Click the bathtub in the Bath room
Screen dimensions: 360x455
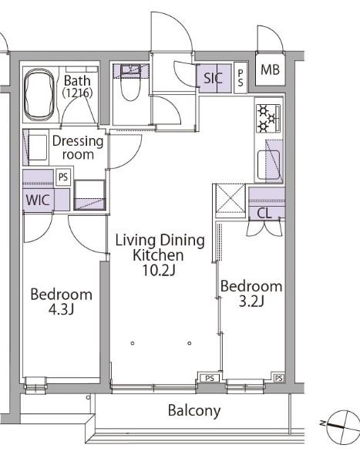(x=39, y=95)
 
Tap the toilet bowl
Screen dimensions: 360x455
(x=130, y=87)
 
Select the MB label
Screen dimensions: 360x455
(x=270, y=69)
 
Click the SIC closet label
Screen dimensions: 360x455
(x=213, y=78)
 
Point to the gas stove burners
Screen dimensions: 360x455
(x=267, y=119)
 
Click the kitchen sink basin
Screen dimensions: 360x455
(x=268, y=164)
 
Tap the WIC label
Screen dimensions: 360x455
(x=38, y=200)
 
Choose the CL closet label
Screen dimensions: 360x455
(x=264, y=214)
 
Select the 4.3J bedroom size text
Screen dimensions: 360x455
(x=61, y=309)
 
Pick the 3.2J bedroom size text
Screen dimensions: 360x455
(x=251, y=302)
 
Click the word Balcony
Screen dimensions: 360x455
(x=194, y=411)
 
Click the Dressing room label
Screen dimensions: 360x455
(x=78, y=148)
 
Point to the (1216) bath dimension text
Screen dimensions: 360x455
(x=77, y=93)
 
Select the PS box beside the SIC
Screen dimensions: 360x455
(x=241, y=78)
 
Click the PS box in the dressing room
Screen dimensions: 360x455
(x=63, y=177)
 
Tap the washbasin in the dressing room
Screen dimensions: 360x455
(x=38, y=147)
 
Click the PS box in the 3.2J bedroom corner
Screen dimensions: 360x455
(x=278, y=378)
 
